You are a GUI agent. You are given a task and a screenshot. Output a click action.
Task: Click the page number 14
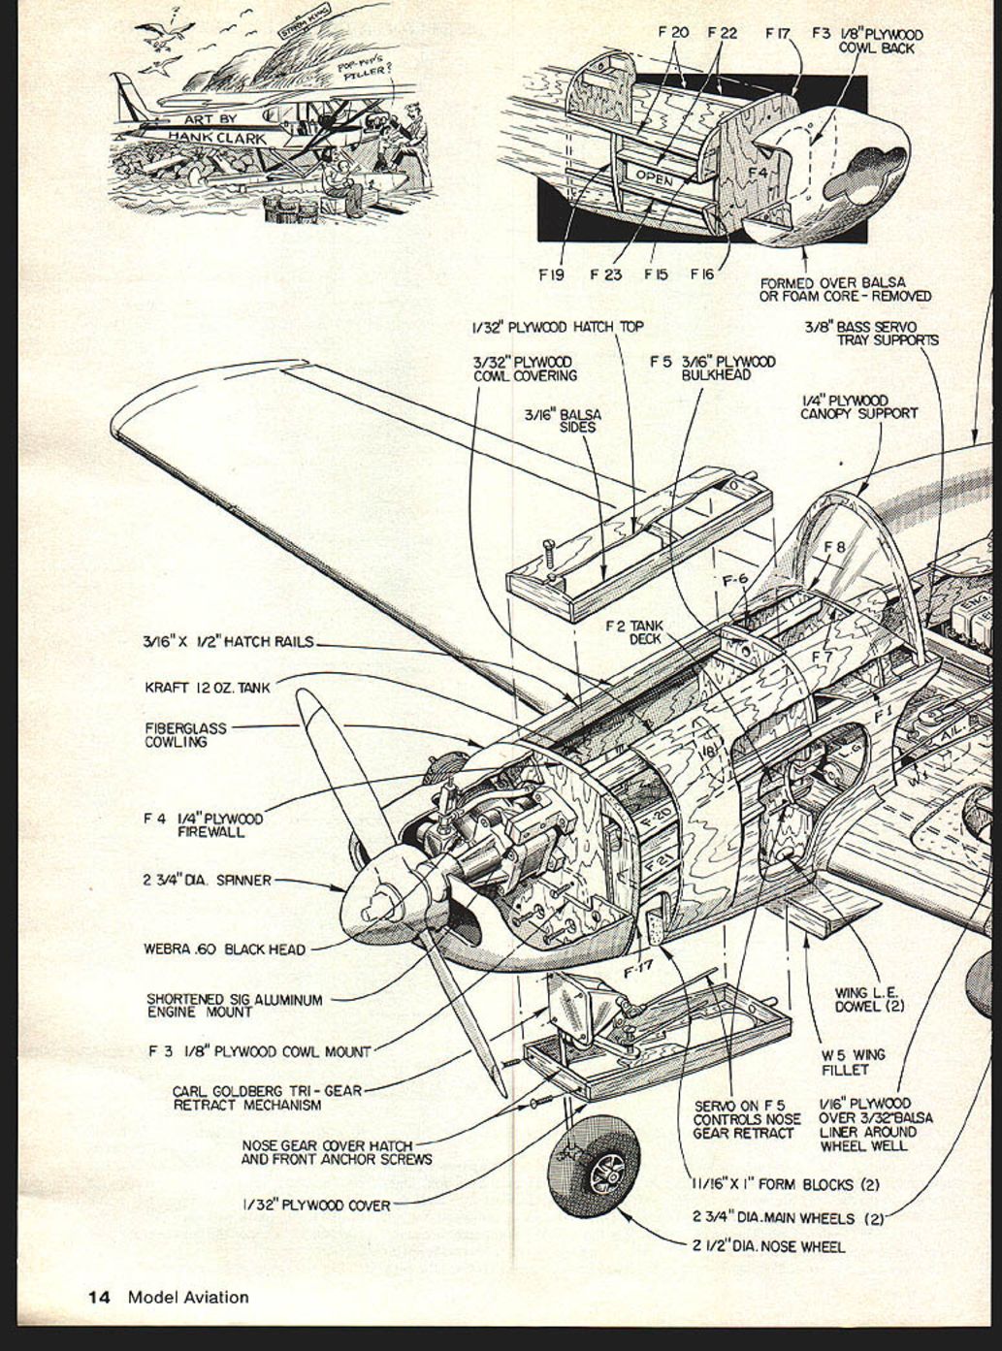[100, 1297]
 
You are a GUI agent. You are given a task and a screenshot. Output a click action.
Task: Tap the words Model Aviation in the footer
[188, 1297]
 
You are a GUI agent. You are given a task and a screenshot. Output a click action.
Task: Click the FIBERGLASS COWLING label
[185, 735]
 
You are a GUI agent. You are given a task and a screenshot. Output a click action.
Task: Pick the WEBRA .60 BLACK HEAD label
[223, 949]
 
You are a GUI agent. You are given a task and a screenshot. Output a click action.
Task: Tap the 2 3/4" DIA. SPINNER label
[207, 881]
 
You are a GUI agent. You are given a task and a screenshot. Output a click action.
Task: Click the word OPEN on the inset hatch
[654, 179]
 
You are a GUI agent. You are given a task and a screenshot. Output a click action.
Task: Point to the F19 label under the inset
[551, 274]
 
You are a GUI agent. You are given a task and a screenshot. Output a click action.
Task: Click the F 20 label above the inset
[673, 32]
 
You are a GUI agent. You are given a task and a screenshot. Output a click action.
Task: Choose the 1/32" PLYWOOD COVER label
[316, 1206]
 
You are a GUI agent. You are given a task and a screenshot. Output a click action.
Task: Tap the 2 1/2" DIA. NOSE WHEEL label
[768, 1246]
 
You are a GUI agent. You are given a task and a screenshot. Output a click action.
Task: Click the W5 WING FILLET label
[853, 1062]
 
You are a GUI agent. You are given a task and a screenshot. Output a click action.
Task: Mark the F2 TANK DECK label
[635, 632]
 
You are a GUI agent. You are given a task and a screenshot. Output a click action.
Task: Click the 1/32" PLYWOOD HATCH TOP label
[558, 327]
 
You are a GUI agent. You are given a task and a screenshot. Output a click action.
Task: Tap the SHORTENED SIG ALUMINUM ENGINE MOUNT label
[234, 1006]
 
